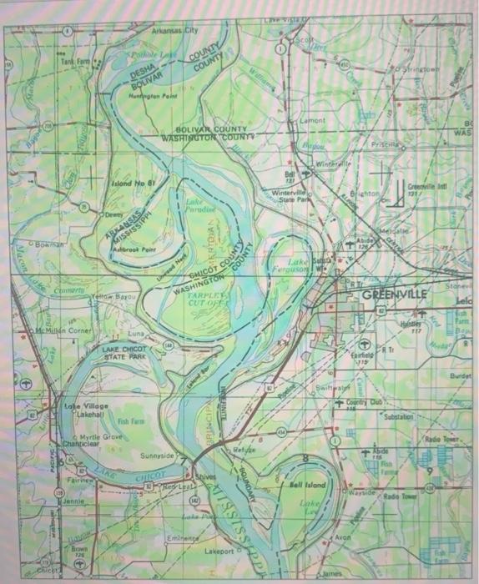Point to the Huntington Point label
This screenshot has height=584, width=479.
click(154, 98)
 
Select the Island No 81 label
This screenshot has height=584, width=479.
click(132, 182)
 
